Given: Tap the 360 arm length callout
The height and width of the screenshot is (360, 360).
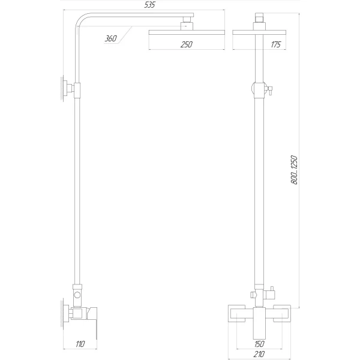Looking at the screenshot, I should click(110, 39).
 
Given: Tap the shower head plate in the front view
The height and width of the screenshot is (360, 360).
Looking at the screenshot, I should click(259, 32).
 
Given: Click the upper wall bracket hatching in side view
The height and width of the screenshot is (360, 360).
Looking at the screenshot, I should click(62, 88).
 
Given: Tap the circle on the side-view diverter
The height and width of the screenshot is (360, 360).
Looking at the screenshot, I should click(76, 296).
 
